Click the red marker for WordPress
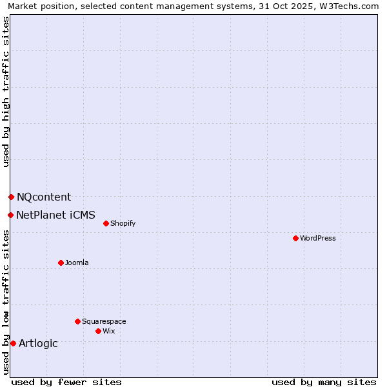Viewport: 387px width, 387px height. pos(295,238)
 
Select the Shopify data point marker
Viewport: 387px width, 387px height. pos(106,223)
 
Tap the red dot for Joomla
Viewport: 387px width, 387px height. pos(61,263)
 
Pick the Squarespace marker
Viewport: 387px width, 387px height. pos(77,321)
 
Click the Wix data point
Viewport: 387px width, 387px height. pos(98,331)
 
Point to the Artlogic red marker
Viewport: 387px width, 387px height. pos(13,343)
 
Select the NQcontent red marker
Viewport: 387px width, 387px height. pos(11,197)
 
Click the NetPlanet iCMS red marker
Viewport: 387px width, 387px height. pos(10,215)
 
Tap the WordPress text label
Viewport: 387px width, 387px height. pos(318,238)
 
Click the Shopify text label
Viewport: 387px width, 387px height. pos(123,223)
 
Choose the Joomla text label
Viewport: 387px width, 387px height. pos(77,263)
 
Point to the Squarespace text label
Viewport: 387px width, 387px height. pos(104,321)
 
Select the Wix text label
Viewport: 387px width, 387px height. pos(109,331)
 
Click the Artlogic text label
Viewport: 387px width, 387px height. pos(38,343)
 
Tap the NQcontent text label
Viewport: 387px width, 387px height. pos(44,197)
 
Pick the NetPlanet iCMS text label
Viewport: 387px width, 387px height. pos(55,215)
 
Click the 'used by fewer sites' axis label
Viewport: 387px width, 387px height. pos(66,382)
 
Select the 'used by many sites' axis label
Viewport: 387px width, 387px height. pos(324,382)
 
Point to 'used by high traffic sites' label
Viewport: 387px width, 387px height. pos(6,91)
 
